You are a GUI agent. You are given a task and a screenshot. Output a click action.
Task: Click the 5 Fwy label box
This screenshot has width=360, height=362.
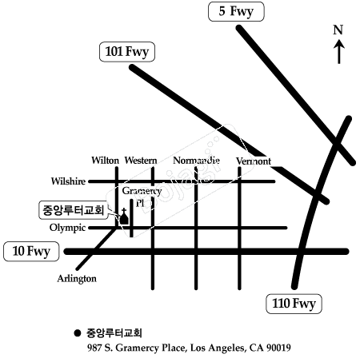coord(236,11)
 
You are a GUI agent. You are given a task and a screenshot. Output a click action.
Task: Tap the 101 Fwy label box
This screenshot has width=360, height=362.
coord(127,52)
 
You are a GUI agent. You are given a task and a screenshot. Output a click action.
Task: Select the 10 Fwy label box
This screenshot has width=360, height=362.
coord(31,251)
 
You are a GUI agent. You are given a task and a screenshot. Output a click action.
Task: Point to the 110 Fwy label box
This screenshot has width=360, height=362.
coord(294,304)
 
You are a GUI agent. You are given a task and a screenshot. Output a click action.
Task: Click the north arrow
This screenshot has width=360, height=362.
coord(339,52)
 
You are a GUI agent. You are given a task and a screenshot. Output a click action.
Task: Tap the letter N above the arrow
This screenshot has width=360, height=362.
coord(338,30)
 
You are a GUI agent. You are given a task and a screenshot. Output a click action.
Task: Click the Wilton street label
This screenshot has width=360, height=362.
coord(105,161)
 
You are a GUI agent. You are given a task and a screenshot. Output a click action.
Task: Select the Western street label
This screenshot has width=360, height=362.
coord(141,161)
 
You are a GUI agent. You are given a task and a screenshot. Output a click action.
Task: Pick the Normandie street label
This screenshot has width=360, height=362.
coord(196,161)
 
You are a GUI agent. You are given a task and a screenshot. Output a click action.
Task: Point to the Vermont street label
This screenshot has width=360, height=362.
coord(254,161)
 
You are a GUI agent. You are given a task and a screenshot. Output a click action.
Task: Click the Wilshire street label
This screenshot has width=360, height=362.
coord(69,181)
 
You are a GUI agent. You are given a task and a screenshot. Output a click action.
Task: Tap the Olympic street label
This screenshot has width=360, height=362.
coord(67,228)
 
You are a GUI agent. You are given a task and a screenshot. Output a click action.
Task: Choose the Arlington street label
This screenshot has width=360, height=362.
coord(77,279)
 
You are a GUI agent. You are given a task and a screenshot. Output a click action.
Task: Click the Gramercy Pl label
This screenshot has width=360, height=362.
coord(142,197)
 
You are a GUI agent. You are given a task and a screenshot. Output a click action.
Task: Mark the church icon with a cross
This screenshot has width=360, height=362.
coord(124,217)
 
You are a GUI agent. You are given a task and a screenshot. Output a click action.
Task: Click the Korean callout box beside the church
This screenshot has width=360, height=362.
coord(74,210)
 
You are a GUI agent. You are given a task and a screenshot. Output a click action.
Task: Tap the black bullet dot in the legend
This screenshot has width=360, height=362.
coord(78,333)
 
